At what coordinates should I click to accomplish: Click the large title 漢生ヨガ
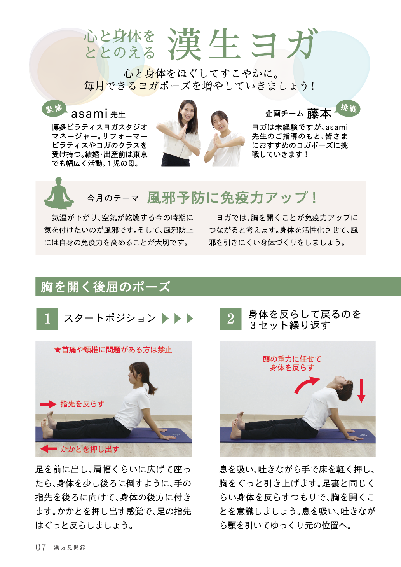[242, 45]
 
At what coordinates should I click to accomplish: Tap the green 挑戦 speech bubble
[348, 109]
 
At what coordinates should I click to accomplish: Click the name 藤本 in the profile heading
[319, 114]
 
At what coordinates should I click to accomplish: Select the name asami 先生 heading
[98, 114]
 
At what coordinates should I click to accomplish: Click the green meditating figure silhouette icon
[59, 193]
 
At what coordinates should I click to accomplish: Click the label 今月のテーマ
[113, 198]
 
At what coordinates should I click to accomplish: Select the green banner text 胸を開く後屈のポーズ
[105, 287]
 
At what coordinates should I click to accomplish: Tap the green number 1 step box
[47, 318]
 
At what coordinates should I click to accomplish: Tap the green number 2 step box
[230, 318]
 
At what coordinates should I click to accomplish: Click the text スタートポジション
[110, 318]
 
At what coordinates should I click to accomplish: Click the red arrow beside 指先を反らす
[48, 404]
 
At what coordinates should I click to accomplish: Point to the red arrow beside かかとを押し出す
[49, 449]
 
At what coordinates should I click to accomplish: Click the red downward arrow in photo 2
[361, 391]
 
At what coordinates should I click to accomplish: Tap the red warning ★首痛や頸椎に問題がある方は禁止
[113, 350]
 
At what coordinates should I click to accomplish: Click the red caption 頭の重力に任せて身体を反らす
[292, 363]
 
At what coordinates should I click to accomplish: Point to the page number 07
[40, 547]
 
